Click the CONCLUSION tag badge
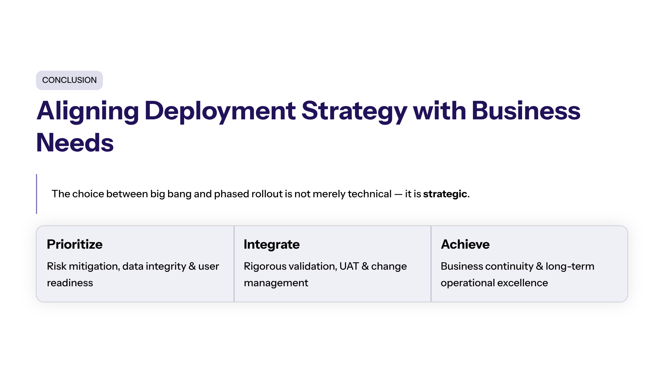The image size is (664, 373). coord(69,80)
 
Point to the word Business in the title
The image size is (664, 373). coord(526,111)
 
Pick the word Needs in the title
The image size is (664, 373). coord(75,143)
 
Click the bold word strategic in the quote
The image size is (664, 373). coord(445,194)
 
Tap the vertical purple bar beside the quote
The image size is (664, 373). coord(37,194)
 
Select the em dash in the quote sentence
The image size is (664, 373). coord(398,194)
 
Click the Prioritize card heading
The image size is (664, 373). coord(75,245)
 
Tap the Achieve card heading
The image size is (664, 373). coord(465,244)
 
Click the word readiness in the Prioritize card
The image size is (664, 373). coord(70,283)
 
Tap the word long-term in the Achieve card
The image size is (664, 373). coord(570,266)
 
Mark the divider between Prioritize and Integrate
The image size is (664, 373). coord(234,264)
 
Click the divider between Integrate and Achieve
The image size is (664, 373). coord(431,264)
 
